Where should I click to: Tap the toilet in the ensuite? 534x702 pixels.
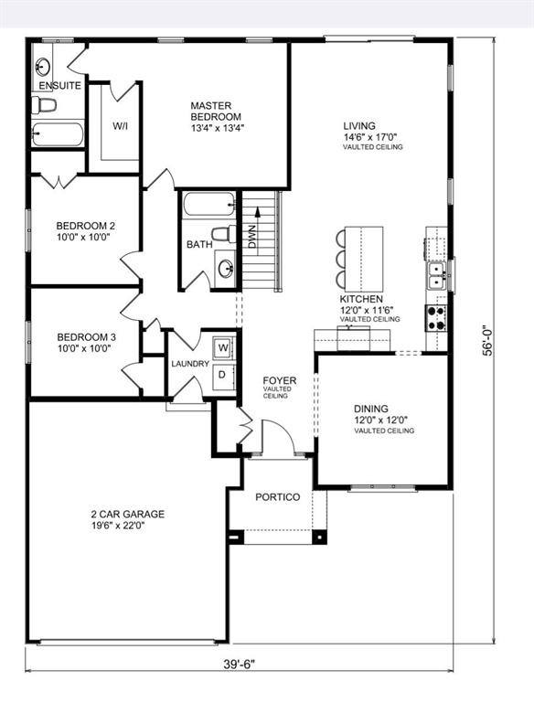(x=44, y=105)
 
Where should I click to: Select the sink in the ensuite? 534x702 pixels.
(x=43, y=67)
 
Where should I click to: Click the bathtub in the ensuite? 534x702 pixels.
(x=58, y=134)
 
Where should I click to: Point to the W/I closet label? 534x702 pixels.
(x=120, y=126)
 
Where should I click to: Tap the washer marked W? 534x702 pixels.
(x=222, y=348)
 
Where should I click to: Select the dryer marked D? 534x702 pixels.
(x=222, y=375)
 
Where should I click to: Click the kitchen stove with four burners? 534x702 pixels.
(x=435, y=317)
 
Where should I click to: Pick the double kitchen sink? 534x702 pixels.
(x=437, y=276)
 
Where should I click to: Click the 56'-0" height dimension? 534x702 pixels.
(x=487, y=340)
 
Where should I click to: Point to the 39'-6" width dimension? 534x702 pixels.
(x=239, y=665)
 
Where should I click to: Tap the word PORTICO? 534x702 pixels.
(x=278, y=497)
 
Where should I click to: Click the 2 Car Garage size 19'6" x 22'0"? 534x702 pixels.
(x=118, y=526)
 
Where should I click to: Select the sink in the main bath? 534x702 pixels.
(x=224, y=268)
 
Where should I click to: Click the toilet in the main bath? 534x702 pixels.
(x=223, y=234)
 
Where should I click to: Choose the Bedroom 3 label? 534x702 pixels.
(x=84, y=343)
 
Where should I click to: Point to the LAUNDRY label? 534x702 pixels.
(x=190, y=364)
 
